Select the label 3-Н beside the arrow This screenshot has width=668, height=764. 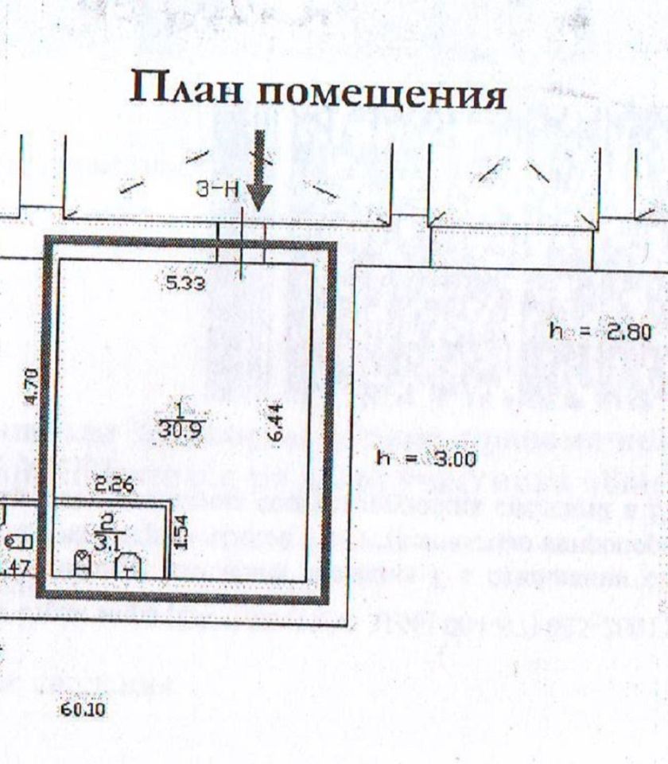[x=217, y=190]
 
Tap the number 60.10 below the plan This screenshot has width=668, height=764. [x=83, y=709]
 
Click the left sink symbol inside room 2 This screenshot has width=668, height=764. [x=82, y=564]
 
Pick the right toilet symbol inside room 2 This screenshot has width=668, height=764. [x=128, y=566]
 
